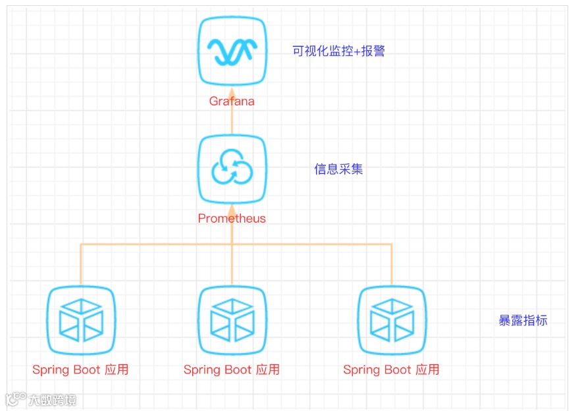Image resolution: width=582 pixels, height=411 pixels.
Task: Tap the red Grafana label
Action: click(x=232, y=101)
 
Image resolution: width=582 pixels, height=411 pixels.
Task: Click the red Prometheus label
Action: click(x=232, y=219)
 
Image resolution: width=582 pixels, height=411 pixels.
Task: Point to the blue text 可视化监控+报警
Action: click(x=338, y=51)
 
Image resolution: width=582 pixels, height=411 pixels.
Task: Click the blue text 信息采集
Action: click(x=338, y=169)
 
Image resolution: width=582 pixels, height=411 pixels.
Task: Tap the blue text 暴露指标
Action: click(x=523, y=321)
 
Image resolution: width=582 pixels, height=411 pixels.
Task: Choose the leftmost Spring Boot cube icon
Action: click(x=81, y=321)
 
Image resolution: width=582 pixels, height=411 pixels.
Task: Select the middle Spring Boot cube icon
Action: click(x=232, y=321)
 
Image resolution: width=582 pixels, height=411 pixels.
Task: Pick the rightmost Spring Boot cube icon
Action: click(x=392, y=321)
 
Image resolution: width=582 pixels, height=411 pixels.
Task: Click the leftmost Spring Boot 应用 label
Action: click(x=80, y=370)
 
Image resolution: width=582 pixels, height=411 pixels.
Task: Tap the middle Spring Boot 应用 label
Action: click(x=232, y=370)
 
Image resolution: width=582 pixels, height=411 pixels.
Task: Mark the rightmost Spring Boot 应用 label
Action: click(x=391, y=370)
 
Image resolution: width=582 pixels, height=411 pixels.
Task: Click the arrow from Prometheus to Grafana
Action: click(x=232, y=121)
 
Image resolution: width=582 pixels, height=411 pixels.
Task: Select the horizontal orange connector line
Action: click(x=158, y=245)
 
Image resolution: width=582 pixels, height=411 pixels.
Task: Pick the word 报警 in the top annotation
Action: click(x=373, y=51)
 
